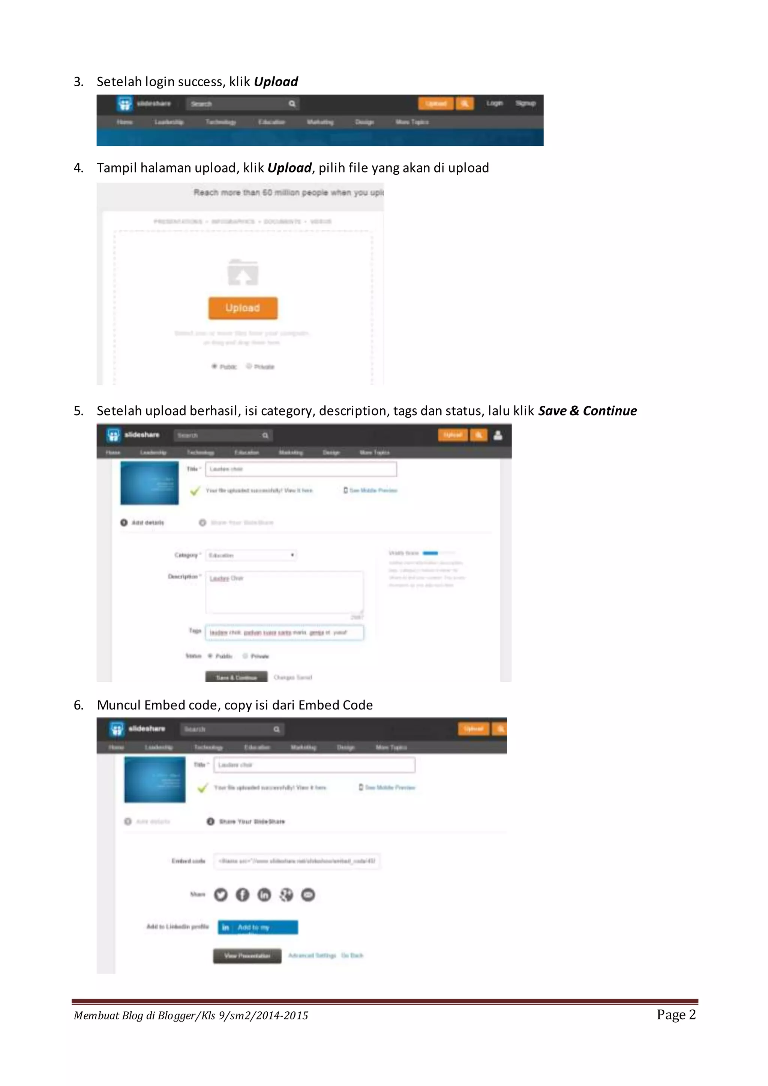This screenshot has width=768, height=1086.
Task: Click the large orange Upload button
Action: pos(243,308)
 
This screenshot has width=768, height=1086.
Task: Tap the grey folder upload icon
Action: pos(243,273)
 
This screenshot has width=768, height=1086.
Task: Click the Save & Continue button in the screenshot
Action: pos(236,677)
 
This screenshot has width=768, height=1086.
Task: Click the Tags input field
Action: pos(284,632)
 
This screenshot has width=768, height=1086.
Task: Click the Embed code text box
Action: pos(297,861)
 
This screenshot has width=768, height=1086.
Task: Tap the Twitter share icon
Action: pos(221,894)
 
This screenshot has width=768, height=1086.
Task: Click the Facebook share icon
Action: pos(243,894)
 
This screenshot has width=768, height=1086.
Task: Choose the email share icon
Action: pos(308,894)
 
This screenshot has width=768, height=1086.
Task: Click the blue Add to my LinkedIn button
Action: pos(258,927)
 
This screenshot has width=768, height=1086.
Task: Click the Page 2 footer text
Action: pos(676,1015)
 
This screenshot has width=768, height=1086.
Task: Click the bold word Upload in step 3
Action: pos(276,82)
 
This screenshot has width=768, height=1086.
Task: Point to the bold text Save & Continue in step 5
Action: pos(587,411)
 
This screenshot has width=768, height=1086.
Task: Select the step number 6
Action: pos(78,705)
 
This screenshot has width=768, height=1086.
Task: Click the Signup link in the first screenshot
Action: pos(525,103)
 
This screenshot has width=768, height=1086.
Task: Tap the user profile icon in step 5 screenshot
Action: pos(498,435)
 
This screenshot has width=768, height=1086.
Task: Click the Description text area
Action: pos(284,592)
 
